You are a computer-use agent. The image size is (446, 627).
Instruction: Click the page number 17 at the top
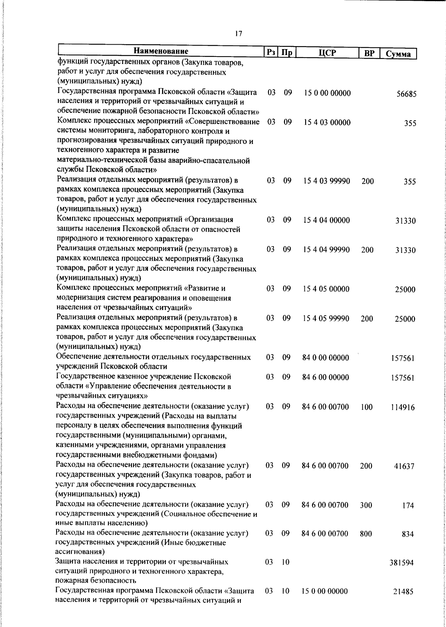click(x=239, y=33)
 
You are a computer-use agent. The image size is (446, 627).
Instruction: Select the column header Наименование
click(x=161, y=51)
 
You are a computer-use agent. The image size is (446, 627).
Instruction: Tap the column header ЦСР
click(x=327, y=52)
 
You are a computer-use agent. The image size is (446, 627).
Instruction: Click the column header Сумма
click(x=398, y=54)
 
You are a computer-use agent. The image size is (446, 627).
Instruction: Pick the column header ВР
click(x=369, y=53)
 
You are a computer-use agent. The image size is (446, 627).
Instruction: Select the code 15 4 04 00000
click(x=326, y=220)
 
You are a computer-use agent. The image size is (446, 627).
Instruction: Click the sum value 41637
click(x=404, y=466)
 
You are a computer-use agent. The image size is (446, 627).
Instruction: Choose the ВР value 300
click(x=366, y=505)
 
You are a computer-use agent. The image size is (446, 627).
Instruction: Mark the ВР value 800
click(x=366, y=534)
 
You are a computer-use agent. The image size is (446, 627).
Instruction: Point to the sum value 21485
click(x=403, y=592)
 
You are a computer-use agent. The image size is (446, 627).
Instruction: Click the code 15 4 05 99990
click(x=326, y=318)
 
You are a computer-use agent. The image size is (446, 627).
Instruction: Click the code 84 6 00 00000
click(x=326, y=377)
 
